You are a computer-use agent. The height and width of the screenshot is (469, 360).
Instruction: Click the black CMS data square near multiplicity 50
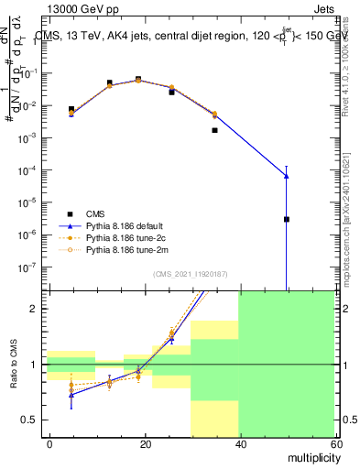287,219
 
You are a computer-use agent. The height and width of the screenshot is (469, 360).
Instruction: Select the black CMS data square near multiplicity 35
214,130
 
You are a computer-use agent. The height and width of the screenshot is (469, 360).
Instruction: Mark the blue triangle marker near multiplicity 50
287,176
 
